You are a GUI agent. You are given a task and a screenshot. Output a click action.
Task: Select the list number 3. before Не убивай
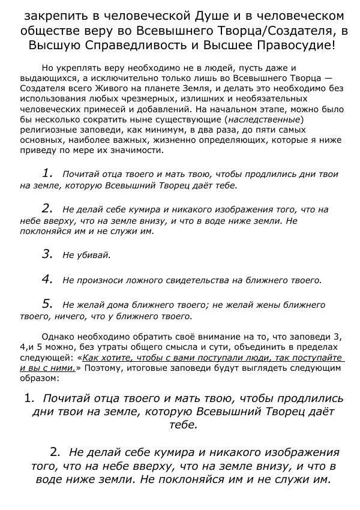pos(48,254)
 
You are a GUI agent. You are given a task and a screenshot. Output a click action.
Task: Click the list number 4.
pos(48,278)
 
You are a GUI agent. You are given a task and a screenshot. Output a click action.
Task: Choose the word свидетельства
pos(194,280)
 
